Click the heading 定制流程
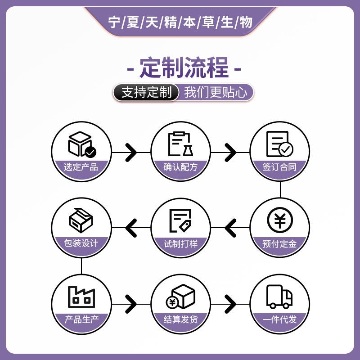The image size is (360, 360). (x=184, y=68)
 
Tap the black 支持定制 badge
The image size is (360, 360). (x=147, y=93)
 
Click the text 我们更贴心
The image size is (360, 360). (x=216, y=93)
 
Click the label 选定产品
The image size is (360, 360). (x=81, y=167)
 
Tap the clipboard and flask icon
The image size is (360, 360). (x=180, y=144)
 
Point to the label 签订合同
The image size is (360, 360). (x=279, y=167)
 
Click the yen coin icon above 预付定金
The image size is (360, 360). (x=279, y=220)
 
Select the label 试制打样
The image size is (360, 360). (x=180, y=244)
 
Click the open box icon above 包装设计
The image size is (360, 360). (x=81, y=220)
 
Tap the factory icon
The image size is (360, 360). (x=81, y=297)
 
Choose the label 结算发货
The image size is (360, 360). (x=180, y=320)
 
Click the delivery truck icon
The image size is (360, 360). (x=279, y=297)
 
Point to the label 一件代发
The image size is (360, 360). (x=279, y=320)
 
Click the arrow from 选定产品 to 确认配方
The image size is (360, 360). (x=131, y=152)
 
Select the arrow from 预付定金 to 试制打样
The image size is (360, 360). (x=230, y=228)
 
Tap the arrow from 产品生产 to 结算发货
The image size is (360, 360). (x=131, y=304)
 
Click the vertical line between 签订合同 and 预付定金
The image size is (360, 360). (x=280, y=189)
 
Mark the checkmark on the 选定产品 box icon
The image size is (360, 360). (x=91, y=152)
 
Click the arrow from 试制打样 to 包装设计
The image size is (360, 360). (x=131, y=228)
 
